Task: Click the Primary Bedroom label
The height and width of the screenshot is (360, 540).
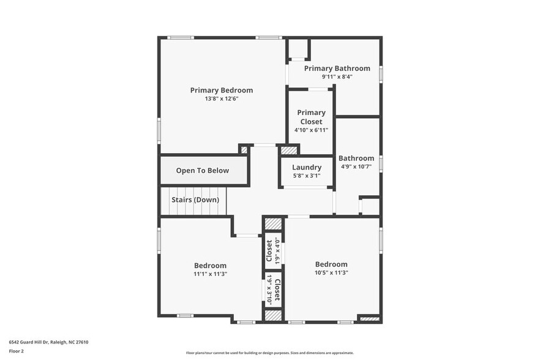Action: point(221,90)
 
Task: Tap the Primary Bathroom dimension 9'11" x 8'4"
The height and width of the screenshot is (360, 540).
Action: point(337,77)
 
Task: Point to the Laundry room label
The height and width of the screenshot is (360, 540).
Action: point(307,167)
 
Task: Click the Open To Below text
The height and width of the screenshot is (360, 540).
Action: point(202,171)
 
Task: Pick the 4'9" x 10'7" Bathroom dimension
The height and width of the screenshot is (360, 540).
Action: point(356,167)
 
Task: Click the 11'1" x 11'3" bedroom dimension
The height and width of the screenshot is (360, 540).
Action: point(210,274)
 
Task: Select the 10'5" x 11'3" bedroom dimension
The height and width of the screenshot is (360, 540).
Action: point(331,273)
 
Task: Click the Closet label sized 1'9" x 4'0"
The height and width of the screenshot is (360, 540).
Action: point(269,249)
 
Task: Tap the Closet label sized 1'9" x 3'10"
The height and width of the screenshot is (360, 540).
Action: point(277,290)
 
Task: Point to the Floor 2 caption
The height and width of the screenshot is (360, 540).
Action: point(16,351)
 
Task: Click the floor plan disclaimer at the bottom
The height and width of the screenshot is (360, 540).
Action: point(269,353)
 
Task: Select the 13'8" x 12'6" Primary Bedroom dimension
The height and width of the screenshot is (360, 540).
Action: point(221,99)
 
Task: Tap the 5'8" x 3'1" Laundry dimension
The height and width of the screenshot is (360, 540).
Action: point(306,176)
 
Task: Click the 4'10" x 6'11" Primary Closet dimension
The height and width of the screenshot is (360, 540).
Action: point(311,130)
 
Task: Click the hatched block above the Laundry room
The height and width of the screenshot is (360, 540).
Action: point(289,150)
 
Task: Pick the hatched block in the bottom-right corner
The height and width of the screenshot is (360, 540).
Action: point(369,318)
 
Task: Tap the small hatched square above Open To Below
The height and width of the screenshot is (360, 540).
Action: point(244,149)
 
